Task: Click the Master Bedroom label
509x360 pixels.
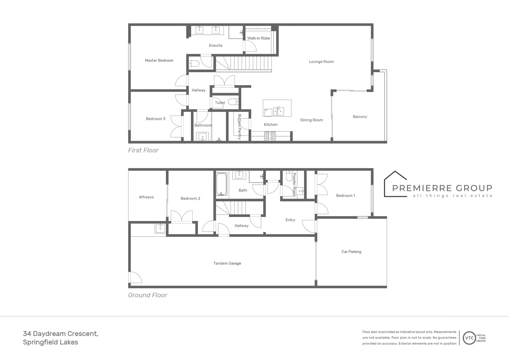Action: pyautogui.click(x=159, y=60)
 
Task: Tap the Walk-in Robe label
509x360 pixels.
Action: pyautogui.click(x=258, y=38)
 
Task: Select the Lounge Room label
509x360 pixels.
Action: pyautogui.click(x=321, y=62)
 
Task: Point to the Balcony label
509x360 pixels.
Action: pyautogui.click(x=360, y=117)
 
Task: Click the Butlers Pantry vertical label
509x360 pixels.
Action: pyautogui.click(x=240, y=127)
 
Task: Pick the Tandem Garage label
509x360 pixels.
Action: pyautogui.click(x=227, y=263)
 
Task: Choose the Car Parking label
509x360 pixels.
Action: pyautogui.click(x=351, y=252)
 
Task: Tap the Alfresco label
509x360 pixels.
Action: pyautogui.click(x=146, y=197)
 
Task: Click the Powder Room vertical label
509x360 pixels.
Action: pyautogui.click(x=294, y=184)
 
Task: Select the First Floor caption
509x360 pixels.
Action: pyautogui.click(x=143, y=150)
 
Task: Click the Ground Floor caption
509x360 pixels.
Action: pyautogui.click(x=148, y=295)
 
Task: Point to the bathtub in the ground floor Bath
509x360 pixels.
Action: pyautogui.click(x=222, y=184)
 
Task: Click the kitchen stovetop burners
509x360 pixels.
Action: pyautogui.click(x=270, y=136)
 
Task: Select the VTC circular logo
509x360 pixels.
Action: pyautogui.click(x=469, y=338)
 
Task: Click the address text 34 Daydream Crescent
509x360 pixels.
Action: pyautogui.click(x=61, y=333)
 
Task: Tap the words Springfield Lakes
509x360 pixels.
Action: pyautogui.click(x=50, y=342)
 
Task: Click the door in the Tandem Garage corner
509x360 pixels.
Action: pyautogui.click(x=135, y=278)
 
